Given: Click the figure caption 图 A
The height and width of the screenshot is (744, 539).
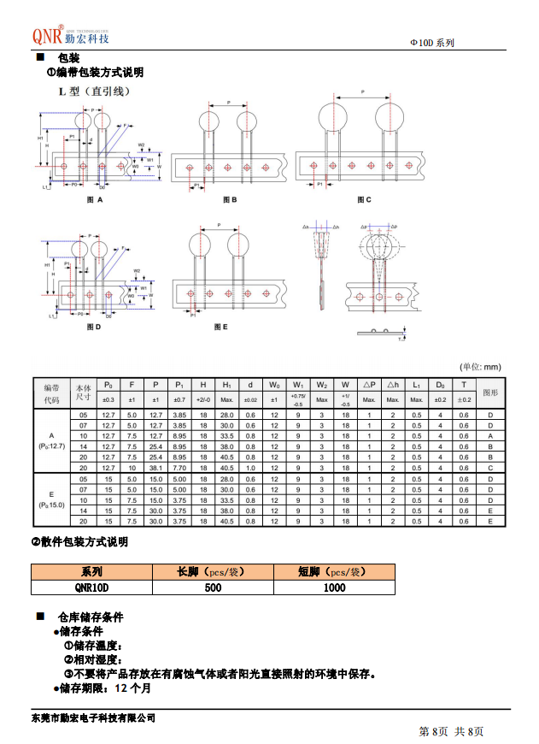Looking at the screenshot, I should click(95, 199).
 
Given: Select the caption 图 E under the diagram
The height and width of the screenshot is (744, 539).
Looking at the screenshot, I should click(221, 328).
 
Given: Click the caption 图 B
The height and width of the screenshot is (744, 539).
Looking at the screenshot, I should click(229, 199).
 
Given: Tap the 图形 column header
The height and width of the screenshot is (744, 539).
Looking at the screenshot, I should click(490, 392).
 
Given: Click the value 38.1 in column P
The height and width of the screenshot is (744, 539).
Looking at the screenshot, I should click(155, 467).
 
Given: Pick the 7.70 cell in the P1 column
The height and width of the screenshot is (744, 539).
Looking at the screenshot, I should click(179, 467).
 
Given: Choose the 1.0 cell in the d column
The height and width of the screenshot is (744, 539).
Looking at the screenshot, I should click(250, 467).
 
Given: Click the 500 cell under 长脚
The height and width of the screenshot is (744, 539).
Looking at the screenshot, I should click(213, 588).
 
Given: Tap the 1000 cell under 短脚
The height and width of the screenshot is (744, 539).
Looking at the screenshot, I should click(334, 588).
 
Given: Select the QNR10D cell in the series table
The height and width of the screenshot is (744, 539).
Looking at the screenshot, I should click(91, 588).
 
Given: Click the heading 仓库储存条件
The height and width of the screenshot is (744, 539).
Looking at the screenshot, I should click(91, 617).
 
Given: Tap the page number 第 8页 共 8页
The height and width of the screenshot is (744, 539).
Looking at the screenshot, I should click(451, 731).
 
